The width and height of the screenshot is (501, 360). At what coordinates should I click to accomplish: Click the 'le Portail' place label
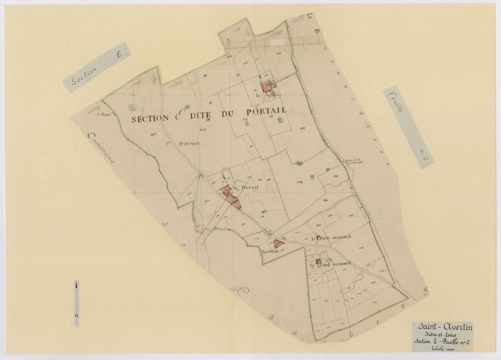[245, 188]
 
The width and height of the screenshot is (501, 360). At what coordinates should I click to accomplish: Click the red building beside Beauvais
[279, 242]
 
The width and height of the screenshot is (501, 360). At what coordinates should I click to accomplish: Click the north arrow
[77, 298]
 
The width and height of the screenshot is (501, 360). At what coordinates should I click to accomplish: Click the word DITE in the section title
[205, 117]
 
